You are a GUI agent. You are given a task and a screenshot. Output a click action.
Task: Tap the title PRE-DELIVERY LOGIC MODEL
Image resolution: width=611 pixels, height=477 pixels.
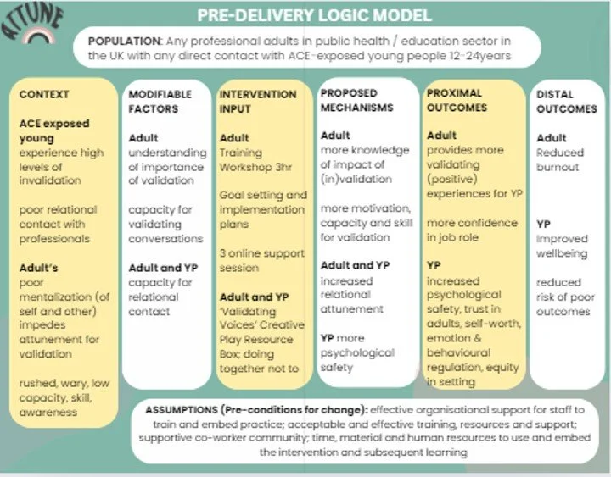(313, 16)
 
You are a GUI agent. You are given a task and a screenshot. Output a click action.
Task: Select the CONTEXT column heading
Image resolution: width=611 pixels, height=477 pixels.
(44, 94)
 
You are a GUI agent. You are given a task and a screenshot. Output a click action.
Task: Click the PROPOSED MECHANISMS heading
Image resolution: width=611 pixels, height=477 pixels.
(357, 101)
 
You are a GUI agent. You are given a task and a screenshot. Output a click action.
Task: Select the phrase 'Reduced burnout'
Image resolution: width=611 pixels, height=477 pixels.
(560, 159)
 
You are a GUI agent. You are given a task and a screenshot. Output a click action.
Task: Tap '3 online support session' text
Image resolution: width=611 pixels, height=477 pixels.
(261, 261)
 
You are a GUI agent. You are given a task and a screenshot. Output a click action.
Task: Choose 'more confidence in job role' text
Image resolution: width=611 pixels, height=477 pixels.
(472, 230)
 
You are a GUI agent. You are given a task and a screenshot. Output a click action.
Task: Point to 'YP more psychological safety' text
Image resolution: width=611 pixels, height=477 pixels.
(357, 352)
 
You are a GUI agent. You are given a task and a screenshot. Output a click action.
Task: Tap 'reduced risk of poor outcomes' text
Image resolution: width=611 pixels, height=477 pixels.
(563, 297)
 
